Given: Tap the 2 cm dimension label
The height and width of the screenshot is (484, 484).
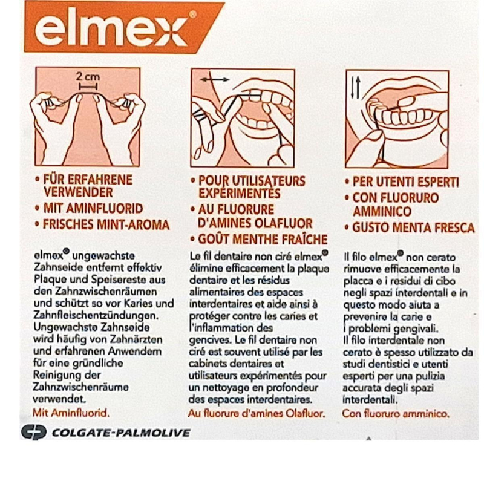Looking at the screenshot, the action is tap(88, 77).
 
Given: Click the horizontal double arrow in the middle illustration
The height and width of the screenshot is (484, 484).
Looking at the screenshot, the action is tap(215, 80).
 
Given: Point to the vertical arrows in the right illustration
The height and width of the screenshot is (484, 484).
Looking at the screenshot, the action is tap(356, 88).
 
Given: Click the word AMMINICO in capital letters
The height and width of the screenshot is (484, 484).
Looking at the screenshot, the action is tap(382, 211).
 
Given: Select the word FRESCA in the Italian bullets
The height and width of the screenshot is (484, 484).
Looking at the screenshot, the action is tap(455, 228).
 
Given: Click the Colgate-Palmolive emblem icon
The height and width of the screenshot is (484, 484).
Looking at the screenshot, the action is tap(34, 432).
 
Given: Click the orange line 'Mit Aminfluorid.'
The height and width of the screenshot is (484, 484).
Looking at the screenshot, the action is tap(71, 413).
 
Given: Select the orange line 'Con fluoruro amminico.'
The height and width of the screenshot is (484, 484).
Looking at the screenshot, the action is tap(396, 414).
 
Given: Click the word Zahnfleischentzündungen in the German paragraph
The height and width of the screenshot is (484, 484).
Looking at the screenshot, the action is tap(96, 316).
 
